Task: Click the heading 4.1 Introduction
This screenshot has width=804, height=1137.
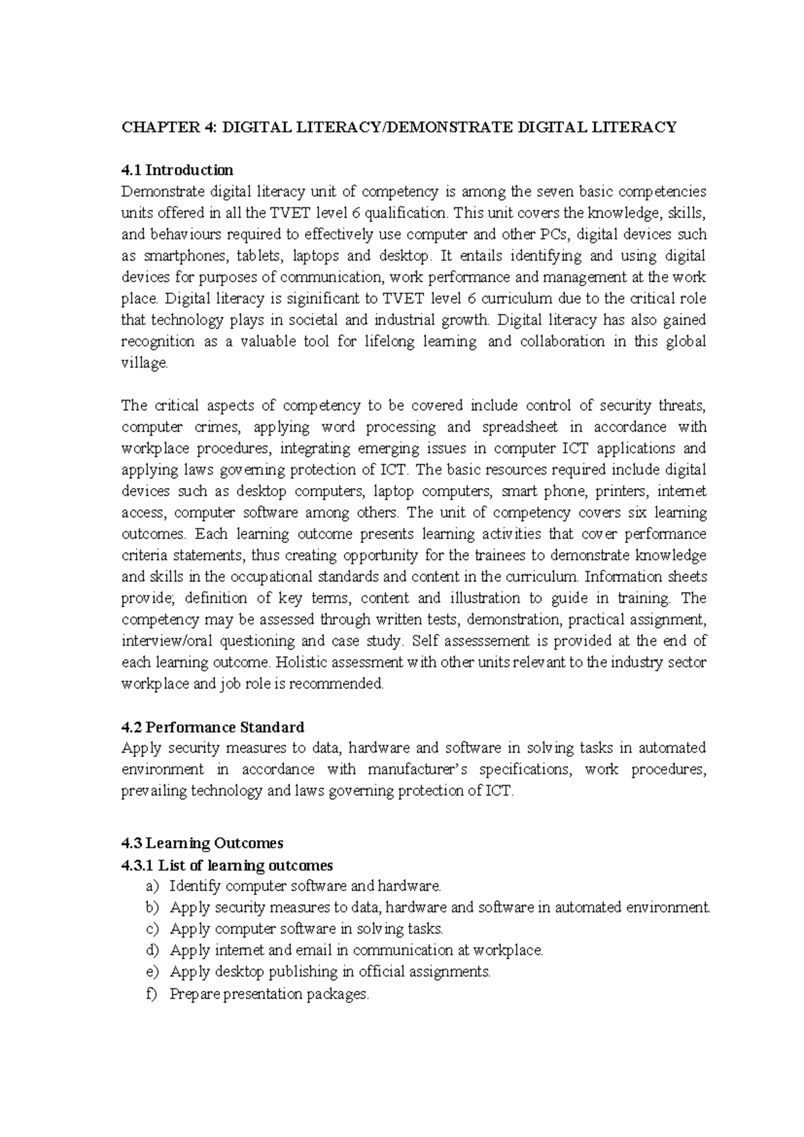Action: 177,170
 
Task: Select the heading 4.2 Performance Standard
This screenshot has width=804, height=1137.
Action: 212,727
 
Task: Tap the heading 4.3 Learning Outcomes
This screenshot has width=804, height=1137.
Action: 202,843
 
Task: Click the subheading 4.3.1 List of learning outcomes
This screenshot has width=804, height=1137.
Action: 227,865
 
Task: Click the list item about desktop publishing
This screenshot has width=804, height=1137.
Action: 330,972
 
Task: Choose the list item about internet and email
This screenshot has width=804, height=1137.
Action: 356,951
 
